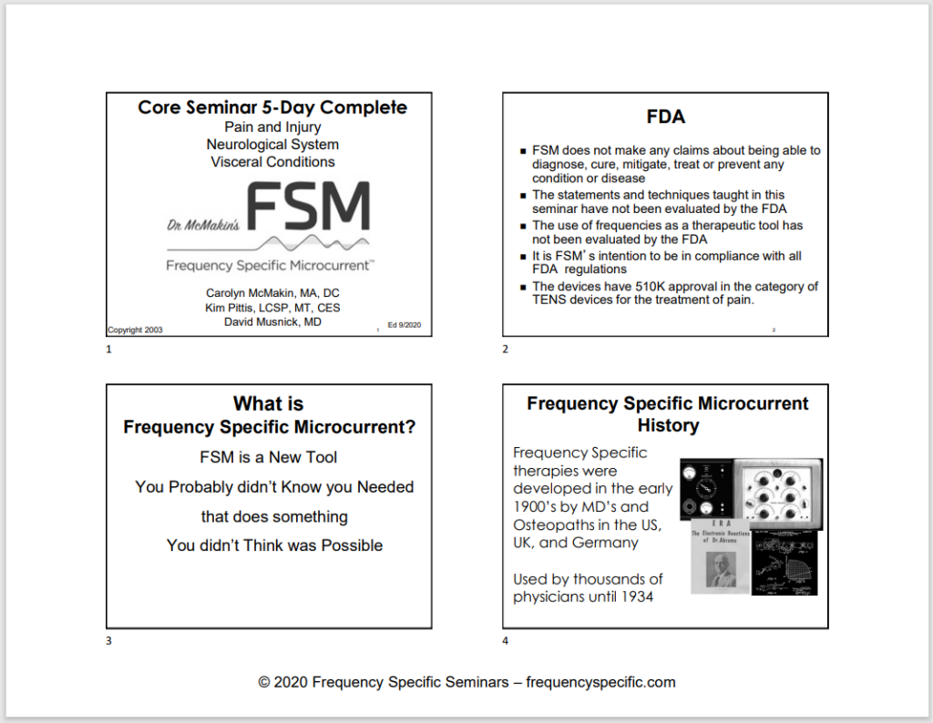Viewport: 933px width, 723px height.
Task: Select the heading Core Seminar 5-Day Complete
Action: (x=272, y=107)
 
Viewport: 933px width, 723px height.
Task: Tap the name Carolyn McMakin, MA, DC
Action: (x=272, y=292)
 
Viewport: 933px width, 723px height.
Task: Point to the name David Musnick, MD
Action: (x=272, y=321)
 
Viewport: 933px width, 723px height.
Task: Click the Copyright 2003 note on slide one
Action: (x=136, y=330)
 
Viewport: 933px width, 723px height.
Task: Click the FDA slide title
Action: (x=665, y=117)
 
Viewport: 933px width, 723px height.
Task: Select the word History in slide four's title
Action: (x=668, y=425)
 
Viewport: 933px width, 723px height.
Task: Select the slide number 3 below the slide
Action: (x=109, y=641)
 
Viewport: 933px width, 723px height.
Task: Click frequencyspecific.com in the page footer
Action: (x=601, y=682)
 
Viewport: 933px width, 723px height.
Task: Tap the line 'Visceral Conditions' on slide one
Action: (x=272, y=162)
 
